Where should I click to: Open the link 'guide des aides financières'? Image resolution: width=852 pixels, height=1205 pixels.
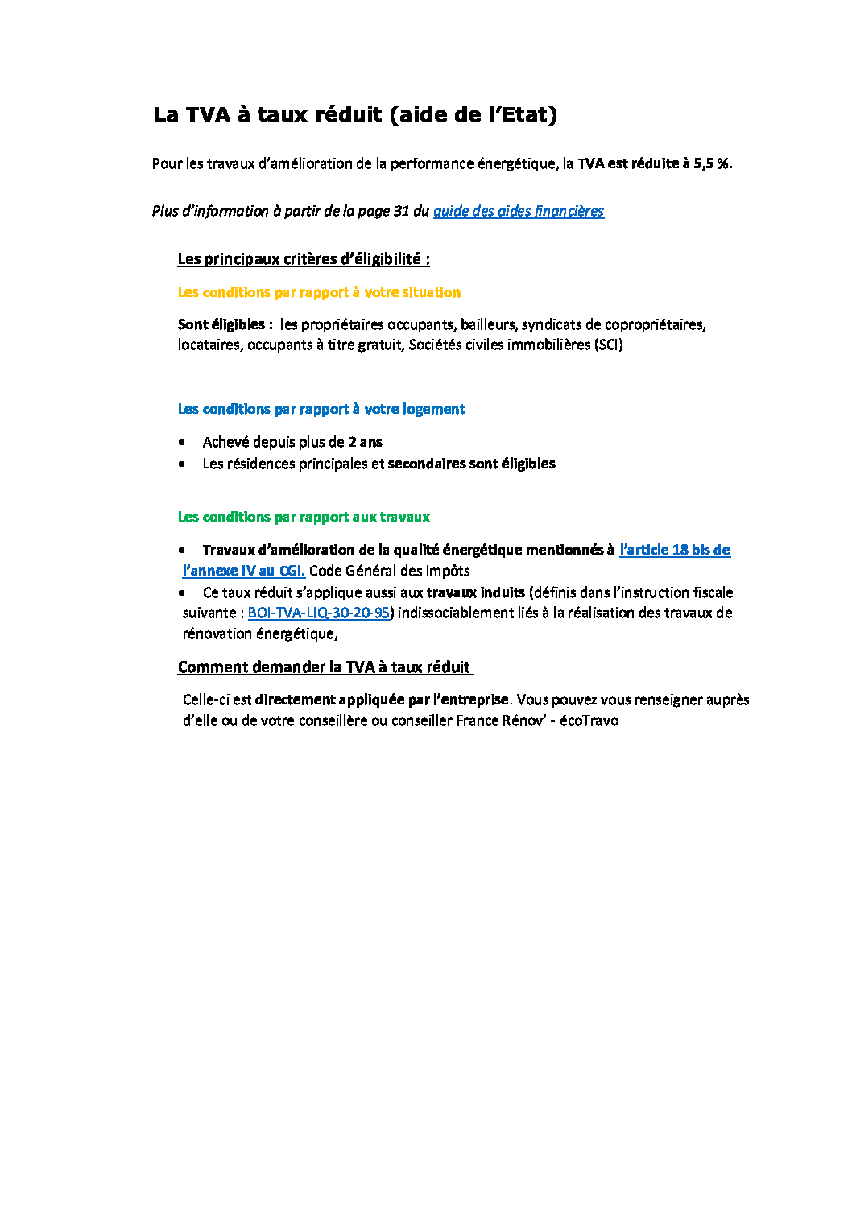point(518,211)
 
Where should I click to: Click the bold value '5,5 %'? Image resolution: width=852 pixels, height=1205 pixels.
point(712,163)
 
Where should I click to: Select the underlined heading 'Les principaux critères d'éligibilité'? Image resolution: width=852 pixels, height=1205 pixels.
point(303,259)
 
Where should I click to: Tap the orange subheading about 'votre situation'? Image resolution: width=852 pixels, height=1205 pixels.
point(319,292)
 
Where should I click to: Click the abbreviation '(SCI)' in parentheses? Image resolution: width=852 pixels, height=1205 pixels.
point(608,345)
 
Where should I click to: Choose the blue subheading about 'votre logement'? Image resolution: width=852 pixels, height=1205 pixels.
point(321,409)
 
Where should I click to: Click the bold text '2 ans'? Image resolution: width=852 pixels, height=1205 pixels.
point(365,442)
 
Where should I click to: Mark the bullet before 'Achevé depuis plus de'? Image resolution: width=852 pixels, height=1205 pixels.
point(182,442)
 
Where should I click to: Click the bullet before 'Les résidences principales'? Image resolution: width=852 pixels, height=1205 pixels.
point(182,464)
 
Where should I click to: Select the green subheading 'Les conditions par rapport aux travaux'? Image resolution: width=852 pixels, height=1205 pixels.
point(304,517)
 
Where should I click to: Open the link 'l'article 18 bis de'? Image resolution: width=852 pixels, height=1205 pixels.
point(674,550)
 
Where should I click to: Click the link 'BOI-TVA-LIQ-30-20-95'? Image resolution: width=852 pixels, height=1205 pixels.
point(318,613)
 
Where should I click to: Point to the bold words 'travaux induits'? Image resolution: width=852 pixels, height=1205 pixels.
point(475,592)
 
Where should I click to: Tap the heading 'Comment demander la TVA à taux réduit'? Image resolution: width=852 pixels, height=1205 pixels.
point(324,667)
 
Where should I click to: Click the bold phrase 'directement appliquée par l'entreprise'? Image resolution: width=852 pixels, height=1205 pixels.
point(382,699)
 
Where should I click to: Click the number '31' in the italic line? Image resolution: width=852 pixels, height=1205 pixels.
point(401,211)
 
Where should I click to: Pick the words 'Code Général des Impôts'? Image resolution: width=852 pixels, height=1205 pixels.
point(389,571)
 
